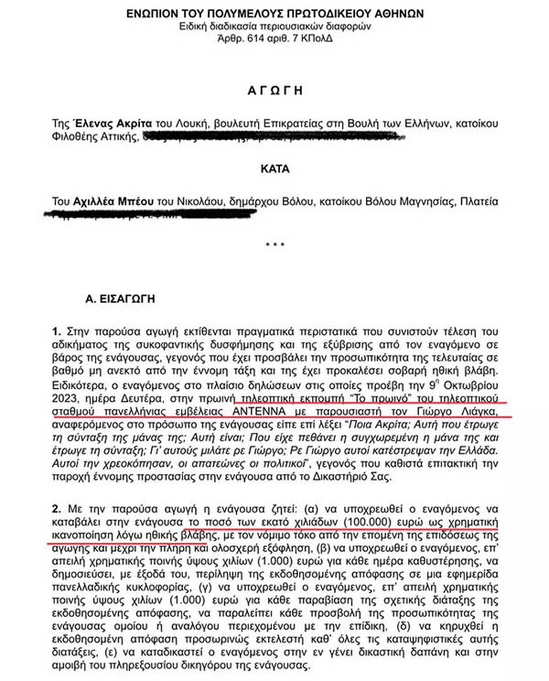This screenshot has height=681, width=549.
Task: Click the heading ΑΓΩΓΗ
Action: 274,92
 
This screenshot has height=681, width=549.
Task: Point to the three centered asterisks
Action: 274,246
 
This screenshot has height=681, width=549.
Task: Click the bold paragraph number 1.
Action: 57,330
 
